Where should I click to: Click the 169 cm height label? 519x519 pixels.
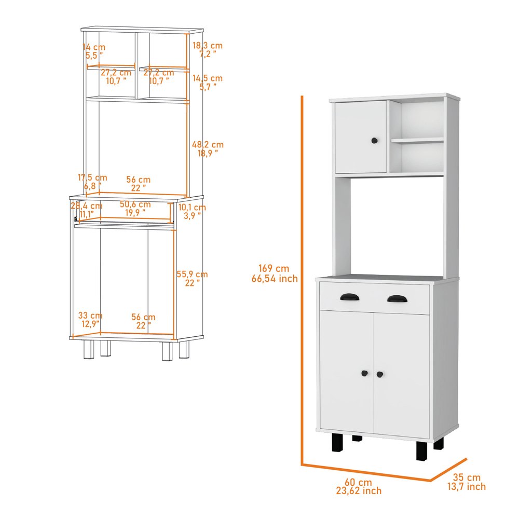pyautogui.click(x=274, y=268)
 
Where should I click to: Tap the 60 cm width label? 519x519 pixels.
pyautogui.click(x=359, y=482)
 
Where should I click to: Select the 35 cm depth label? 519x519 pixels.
pyautogui.click(x=467, y=477)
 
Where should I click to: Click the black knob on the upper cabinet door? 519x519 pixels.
pyautogui.click(x=374, y=141)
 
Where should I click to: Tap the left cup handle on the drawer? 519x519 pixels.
pyautogui.click(x=350, y=297)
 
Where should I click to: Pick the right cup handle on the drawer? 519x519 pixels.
pyautogui.click(x=398, y=299)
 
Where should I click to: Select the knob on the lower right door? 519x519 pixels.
pyautogui.click(x=380, y=374)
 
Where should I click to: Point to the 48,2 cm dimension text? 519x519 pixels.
pyautogui.click(x=208, y=145)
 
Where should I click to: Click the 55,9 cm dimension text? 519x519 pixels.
pyautogui.click(x=192, y=275)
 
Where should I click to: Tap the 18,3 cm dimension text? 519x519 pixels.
pyautogui.click(x=208, y=45)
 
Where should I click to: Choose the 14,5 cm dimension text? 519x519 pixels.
pyautogui.click(x=208, y=78)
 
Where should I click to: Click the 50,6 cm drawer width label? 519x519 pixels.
pyautogui.click(x=135, y=204)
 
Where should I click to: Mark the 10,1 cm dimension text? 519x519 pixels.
pyautogui.click(x=192, y=208)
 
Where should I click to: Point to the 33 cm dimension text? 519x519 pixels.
pyautogui.click(x=90, y=316)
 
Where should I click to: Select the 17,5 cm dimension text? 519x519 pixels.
pyautogui.click(x=92, y=177)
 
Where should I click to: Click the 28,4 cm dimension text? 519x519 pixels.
pyautogui.click(x=87, y=206)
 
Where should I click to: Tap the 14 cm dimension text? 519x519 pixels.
pyautogui.click(x=94, y=47)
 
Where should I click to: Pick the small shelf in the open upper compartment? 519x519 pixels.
pyautogui.click(x=417, y=140)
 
